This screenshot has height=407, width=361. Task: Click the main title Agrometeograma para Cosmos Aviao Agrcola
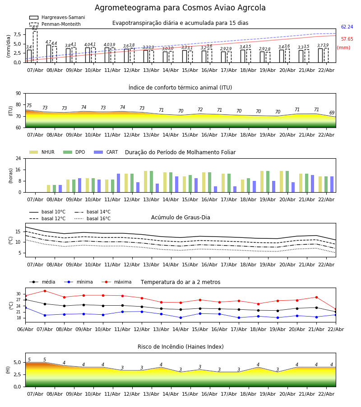click(180, 8)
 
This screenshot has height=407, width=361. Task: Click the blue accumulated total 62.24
click(347, 27)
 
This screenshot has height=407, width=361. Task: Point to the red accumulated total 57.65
click(347, 39)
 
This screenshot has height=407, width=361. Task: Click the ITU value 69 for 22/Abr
click(332, 113)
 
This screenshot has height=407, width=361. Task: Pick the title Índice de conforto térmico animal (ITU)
click(180, 88)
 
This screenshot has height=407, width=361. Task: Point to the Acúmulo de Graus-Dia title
click(180, 218)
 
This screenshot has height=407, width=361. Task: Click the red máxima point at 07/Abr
click(45, 291)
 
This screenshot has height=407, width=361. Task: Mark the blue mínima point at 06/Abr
click(25, 308)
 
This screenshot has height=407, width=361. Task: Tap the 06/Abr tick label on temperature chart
click(25, 329)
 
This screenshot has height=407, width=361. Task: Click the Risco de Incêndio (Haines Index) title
click(180, 347)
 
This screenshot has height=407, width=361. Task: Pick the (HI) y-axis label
click(8, 369)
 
